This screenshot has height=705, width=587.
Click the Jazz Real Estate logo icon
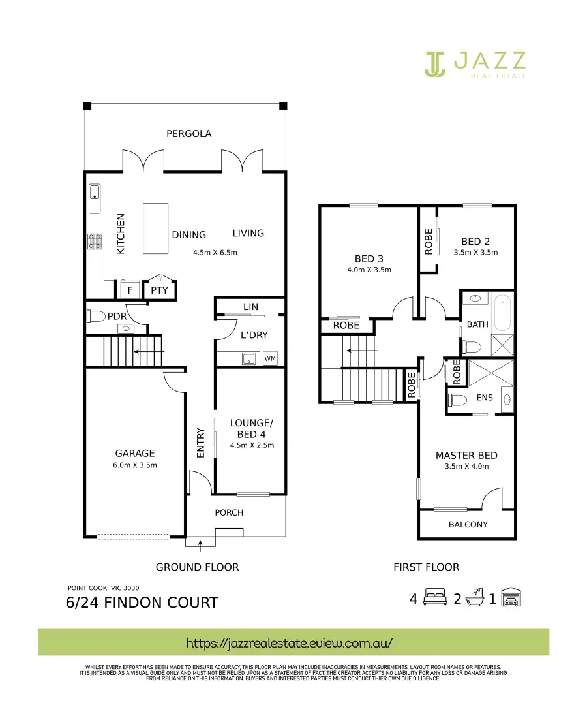pos(435,63)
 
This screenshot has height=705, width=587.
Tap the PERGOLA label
pos(188,134)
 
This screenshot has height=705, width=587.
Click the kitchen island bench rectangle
pos(155,228)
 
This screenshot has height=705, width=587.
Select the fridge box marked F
pos(129,290)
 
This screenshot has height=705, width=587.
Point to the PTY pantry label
pos(159,290)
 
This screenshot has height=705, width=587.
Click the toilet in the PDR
pos(96,317)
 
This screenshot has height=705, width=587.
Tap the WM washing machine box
pos(269,358)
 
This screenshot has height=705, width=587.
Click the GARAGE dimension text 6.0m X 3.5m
pos(135,465)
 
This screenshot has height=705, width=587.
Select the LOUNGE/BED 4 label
pos(252,428)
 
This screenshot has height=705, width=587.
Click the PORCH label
pos(229,512)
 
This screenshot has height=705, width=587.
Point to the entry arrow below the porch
pos(200,540)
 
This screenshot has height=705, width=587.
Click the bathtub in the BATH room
pos(502,314)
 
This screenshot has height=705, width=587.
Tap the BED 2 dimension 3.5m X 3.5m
pos(475,253)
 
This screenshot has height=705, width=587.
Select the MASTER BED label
pos(466,456)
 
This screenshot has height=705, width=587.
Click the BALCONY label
pos(468,524)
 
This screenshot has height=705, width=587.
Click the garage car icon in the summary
pos(513,598)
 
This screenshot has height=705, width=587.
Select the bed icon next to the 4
pos(434,598)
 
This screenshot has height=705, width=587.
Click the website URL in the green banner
pos(290,642)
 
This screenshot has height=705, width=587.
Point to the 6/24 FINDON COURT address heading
pos(142,602)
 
